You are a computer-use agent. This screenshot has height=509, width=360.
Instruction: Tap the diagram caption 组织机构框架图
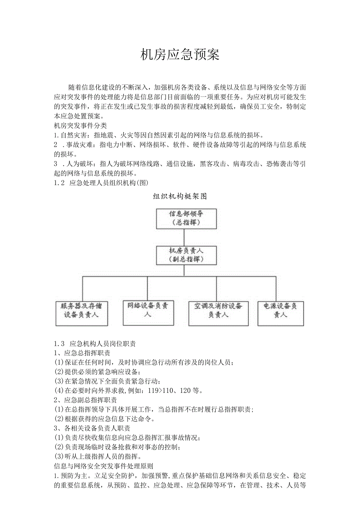(180, 196)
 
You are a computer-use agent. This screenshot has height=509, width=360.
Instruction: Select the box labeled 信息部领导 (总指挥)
(186, 218)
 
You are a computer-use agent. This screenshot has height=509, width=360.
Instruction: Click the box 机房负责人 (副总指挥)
(186, 254)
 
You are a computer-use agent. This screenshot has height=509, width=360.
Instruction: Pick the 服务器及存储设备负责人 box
(82, 313)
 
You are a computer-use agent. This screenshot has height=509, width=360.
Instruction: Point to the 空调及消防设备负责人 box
(218, 313)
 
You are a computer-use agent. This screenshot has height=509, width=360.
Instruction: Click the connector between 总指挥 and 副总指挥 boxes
(184, 237)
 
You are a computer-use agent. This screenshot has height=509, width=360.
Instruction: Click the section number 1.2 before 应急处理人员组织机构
(59, 183)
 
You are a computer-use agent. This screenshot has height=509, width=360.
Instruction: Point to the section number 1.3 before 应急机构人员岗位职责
(59, 344)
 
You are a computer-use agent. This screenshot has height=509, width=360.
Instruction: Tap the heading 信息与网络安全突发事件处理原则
(103, 466)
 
